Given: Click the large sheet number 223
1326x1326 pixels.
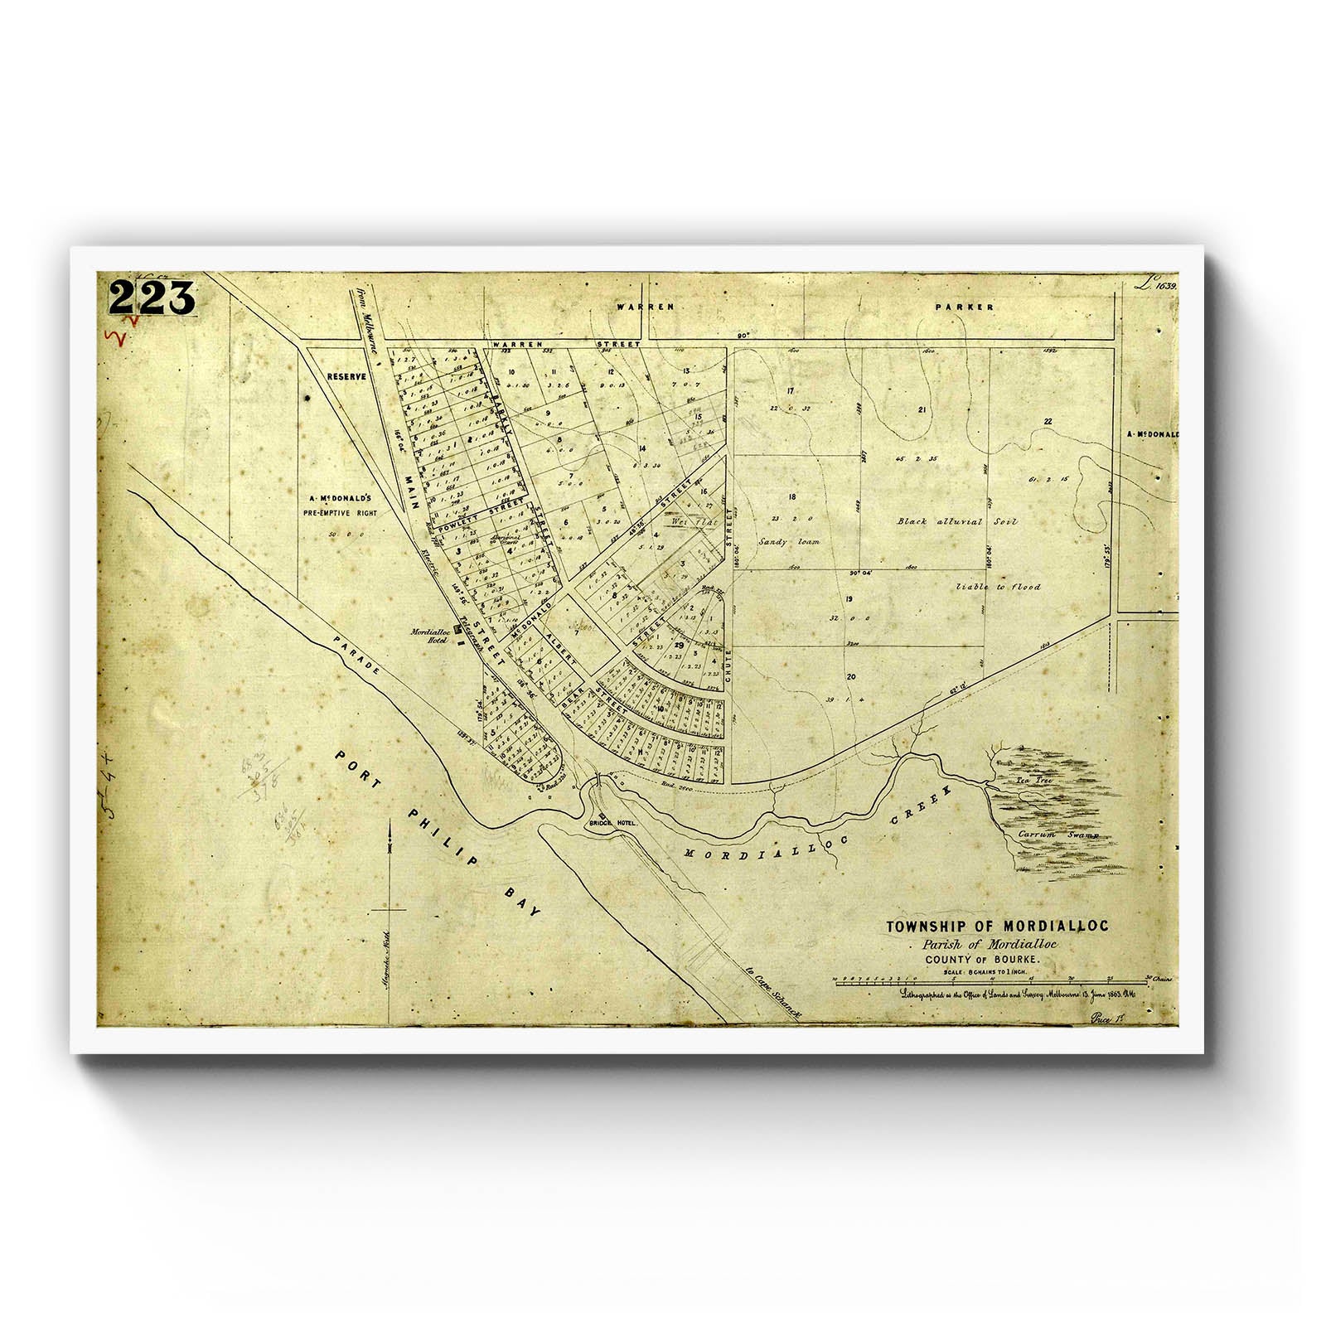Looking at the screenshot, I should (151, 296).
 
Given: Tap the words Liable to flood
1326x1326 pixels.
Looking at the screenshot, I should (998, 586).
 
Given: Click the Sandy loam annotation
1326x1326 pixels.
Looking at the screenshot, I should (789, 541).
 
